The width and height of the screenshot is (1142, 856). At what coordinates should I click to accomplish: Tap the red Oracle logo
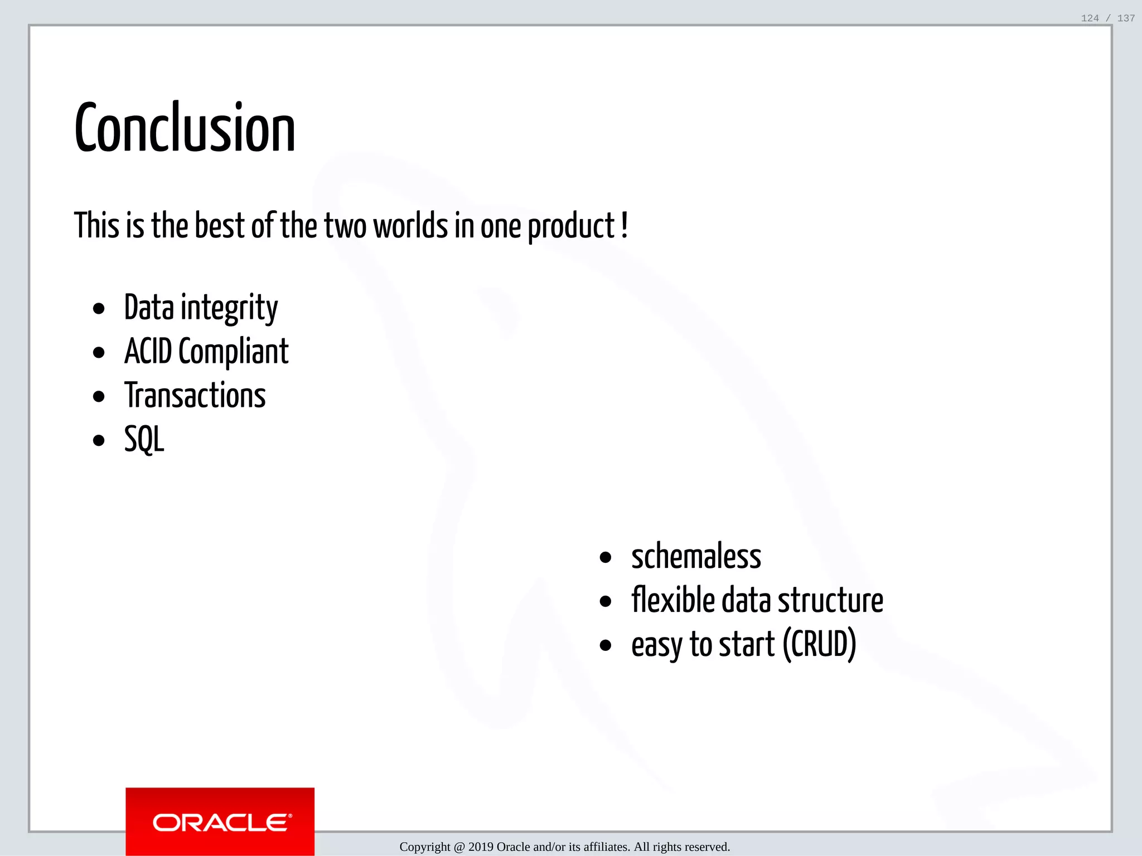pyautogui.click(x=220, y=822)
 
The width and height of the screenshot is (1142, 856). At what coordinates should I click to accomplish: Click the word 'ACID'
pyautogui.click(x=148, y=352)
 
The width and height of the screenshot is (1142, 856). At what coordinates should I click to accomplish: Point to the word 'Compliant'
pyautogui.click(x=233, y=353)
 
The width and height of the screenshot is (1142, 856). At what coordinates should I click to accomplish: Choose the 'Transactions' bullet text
pyautogui.click(x=195, y=396)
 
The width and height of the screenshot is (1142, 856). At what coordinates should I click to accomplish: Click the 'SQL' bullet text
pyautogui.click(x=144, y=440)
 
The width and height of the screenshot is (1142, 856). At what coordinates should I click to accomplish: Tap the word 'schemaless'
pyautogui.click(x=696, y=557)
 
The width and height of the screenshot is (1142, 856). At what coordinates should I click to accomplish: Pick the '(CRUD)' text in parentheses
pyautogui.click(x=819, y=645)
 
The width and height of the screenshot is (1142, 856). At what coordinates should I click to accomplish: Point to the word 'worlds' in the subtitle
pyautogui.click(x=410, y=226)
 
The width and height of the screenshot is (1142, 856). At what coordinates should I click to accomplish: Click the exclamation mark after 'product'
pyautogui.click(x=624, y=225)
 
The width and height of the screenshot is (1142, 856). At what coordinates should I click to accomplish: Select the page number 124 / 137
pyautogui.click(x=1107, y=18)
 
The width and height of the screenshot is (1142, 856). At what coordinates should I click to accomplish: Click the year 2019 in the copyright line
pyautogui.click(x=481, y=847)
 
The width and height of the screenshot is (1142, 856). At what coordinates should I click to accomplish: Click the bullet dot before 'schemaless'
pyautogui.click(x=606, y=558)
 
